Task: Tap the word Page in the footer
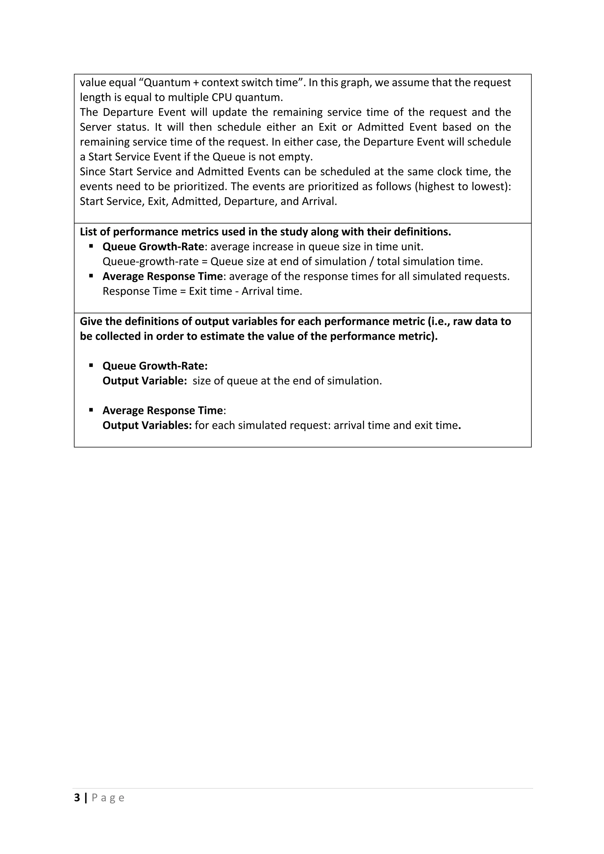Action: (x=108, y=798)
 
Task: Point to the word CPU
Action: (x=222, y=97)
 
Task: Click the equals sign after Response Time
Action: (x=182, y=291)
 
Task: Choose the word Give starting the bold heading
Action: (x=90, y=321)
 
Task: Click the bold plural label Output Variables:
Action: (x=147, y=426)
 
